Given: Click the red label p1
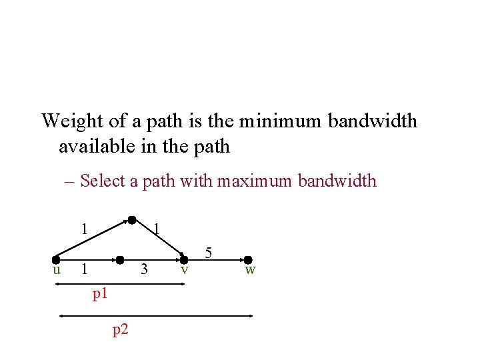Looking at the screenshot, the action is [x=100, y=293].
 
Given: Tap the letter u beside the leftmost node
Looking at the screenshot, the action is [x=57, y=269].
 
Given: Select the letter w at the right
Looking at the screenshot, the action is [x=249, y=269].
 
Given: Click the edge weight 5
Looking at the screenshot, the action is [x=209, y=253].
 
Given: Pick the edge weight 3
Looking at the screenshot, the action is [x=143, y=269].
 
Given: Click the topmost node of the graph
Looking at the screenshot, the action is [x=132, y=219].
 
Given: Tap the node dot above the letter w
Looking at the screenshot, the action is [x=247, y=259].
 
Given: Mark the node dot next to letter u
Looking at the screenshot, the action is [x=57, y=259].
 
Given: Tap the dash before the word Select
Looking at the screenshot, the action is [x=69, y=181].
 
